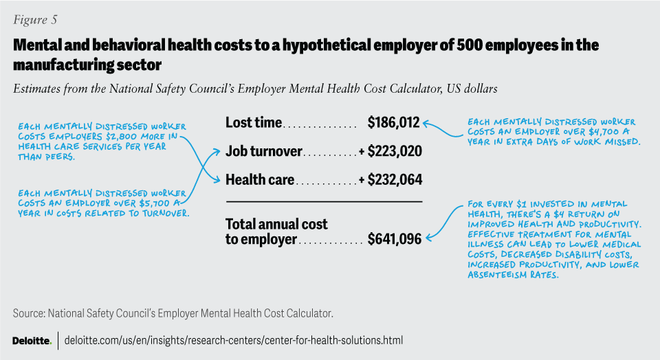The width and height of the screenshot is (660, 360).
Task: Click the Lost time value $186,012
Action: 393,123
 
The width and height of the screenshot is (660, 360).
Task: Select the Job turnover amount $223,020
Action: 395,151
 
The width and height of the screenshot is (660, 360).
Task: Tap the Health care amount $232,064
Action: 395,180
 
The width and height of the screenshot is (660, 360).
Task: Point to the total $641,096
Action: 395,239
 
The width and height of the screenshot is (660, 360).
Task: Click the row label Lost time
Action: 254,123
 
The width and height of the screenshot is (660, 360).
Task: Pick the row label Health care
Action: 260,180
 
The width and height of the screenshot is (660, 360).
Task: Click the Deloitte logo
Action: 32,340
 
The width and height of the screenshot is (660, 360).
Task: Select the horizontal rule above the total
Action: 324,201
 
